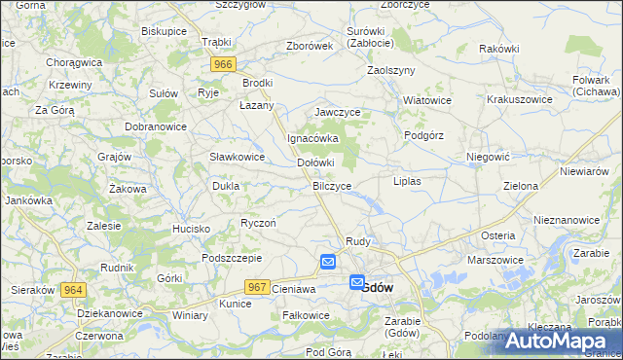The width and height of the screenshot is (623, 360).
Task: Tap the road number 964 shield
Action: point(72,290)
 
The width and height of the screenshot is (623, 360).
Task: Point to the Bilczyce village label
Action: point(332,185)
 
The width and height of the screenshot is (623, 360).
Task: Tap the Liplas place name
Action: point(406,182)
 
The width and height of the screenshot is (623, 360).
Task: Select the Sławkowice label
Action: point(238,157)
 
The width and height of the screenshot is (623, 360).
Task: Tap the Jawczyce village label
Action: point(337,113)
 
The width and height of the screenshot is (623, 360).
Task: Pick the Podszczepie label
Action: point(232,258)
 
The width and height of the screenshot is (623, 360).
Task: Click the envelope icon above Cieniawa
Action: point(328,262)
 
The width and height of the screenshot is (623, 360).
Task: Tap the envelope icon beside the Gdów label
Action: point(357,282)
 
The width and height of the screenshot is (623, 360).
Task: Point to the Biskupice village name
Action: point(164,31)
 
